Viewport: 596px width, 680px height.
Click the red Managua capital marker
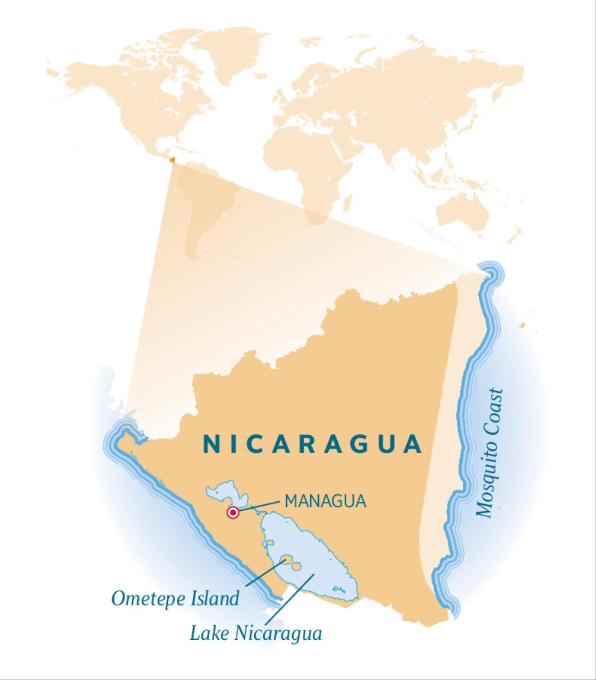click(x=232, y=513)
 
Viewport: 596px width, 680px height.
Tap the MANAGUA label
click(x=325, y=501)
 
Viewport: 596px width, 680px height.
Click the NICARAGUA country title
click(x=312, y=444)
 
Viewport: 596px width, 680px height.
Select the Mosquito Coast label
click(x=490, y=453)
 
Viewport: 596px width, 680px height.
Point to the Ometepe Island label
click(x=175, y=598)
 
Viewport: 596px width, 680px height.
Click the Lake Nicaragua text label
click(x=256, y=633)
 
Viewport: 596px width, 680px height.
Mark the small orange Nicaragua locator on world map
click(x=172, y=160)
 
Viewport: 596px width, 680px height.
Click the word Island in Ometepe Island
click(x=215, y=598)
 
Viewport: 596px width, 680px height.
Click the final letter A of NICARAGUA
click(x=413, y=444)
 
